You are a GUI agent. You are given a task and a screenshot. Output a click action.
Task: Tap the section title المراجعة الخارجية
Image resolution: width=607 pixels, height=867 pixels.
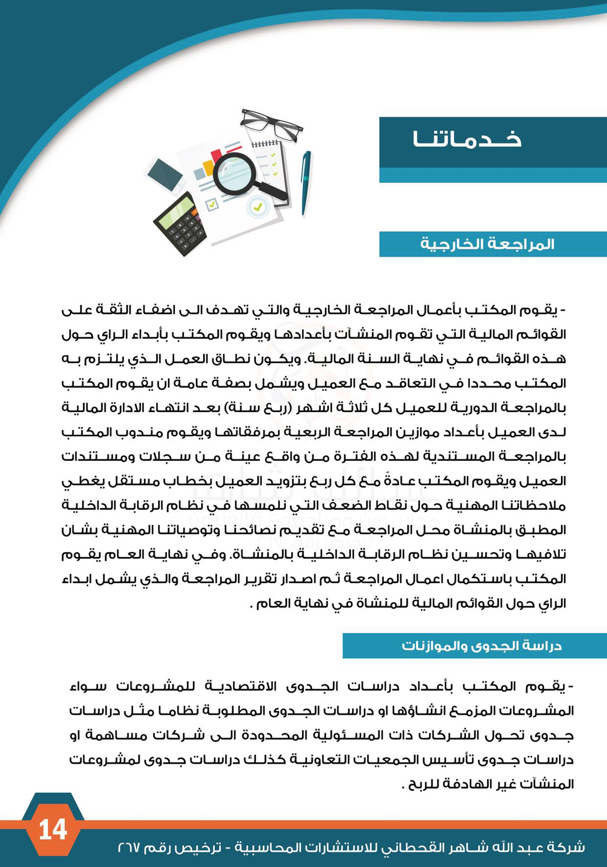pyautogui.click(x=487, y=244)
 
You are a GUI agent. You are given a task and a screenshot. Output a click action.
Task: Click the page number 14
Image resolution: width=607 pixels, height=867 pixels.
pyautogui.click(x=53, y=830)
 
